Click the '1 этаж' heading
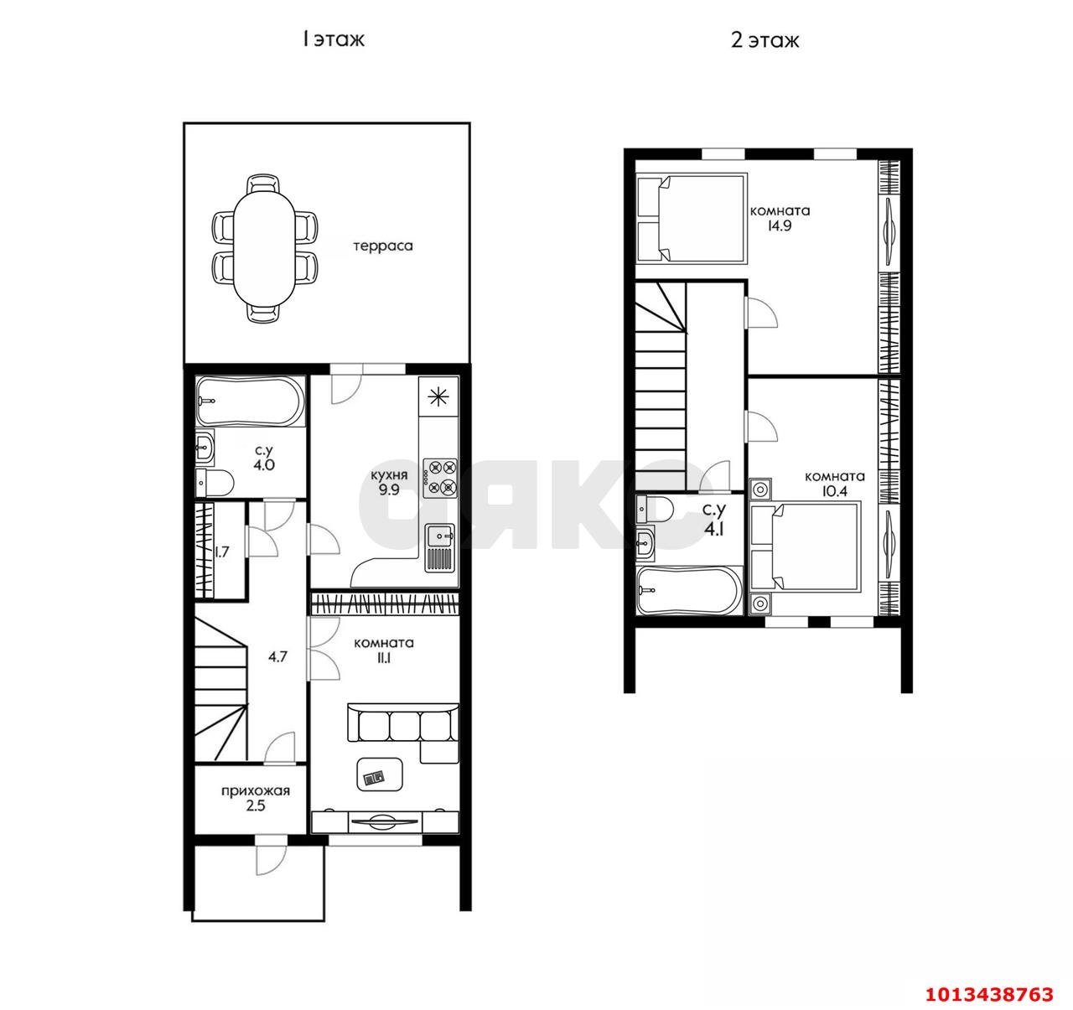coord(333,39)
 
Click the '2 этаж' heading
coord(765,40)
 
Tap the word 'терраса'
coord(383,246)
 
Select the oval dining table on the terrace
coord(264,249)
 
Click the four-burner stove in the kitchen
coord(440,478)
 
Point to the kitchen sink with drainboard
coord(440,547)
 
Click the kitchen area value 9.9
coord(389,490)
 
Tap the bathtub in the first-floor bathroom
coord(250,401)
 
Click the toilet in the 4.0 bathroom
coord(214,481)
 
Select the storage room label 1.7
coord(222,552)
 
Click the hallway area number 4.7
coord(277,657)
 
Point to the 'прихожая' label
coord(256,791)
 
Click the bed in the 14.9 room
coord(692,218)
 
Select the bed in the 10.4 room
coord(805,546)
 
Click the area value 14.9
coord(780,225)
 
